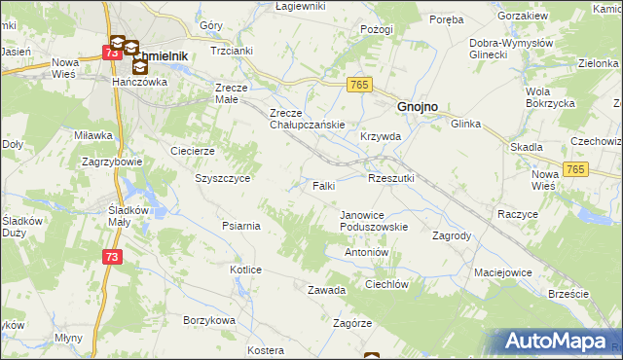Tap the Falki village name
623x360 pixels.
pos(324,185)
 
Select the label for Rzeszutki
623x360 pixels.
pos(391,178)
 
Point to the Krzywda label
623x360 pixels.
pos(380,137)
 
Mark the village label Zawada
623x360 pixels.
pos(327,290)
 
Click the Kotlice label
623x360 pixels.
pos(245,270)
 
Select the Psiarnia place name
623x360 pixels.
pos(240,226)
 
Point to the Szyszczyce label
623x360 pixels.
pos(223,179)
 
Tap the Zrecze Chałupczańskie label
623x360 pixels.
pos(309,118)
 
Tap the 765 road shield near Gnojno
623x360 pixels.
pos(356,86)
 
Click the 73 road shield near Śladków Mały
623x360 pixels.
pos(112,255)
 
